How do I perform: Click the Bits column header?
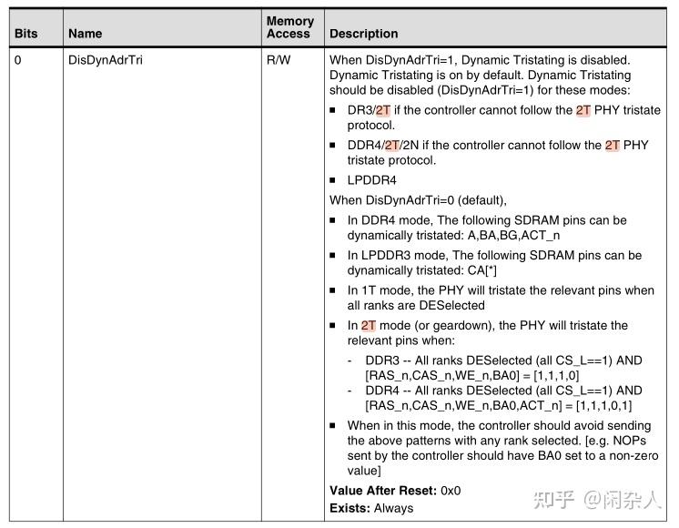pyautogui.click(x=26, y=34)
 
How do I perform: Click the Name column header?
pyautogui.click(x=86, y=34)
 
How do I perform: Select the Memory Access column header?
pyautogui.click(x=289, y=27)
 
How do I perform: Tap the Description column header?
pyautogui.click(x=363, y=34)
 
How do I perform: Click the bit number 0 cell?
pyautogui.click(x=17, y=60)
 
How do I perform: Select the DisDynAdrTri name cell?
pyautogui.click(x=105, y=60)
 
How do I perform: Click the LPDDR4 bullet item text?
pyautogui.click(x=371, y=180)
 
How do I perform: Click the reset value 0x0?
pyautogui.click(x=451, y=491)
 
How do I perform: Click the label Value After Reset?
pyautogui.click(x=382, y=491)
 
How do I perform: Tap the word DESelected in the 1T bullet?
pyautogui.click(x=451, y=305)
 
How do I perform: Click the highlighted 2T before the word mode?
pyautogui.click(x=368, y=325)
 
